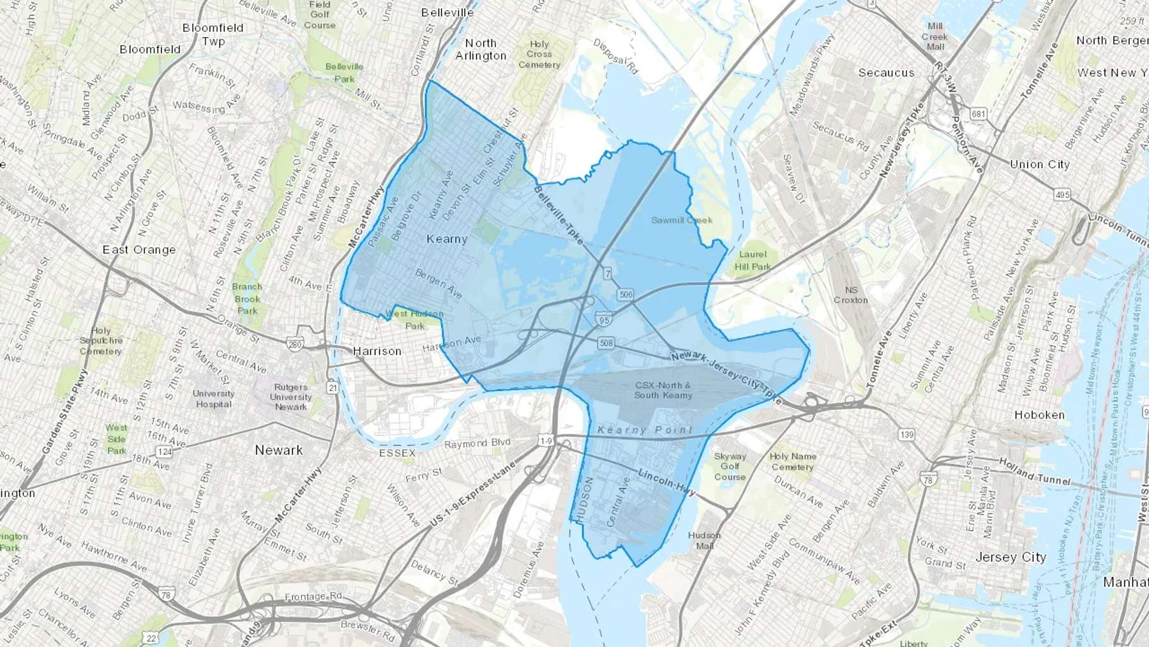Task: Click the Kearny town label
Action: click(x=447, y=239)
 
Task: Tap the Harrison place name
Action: click(x=377, y=351)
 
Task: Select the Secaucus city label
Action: click(x=886, y=73)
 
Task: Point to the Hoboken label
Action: click(x=1039, y=415)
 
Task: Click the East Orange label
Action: click(x=139, y=250)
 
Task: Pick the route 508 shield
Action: click(x=606, y=343)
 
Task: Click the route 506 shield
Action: click(x=625, y=294)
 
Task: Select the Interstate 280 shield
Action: click(x=294, y=345)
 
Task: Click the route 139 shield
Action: click(x=906, y=435)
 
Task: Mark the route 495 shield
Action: click(x=1062, y=195)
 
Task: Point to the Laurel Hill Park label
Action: click(x=753, y=261)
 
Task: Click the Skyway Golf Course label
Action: click(x=730, y=466)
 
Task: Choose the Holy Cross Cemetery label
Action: click(x=539, y=54)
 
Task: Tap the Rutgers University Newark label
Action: click(x=290, y=397)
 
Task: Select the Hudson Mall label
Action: click(x=705, y=540)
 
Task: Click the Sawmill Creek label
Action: click(x=682, y=220)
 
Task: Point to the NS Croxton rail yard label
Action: click(x=851, y=294)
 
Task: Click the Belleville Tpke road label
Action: click(x=560, y=215)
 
